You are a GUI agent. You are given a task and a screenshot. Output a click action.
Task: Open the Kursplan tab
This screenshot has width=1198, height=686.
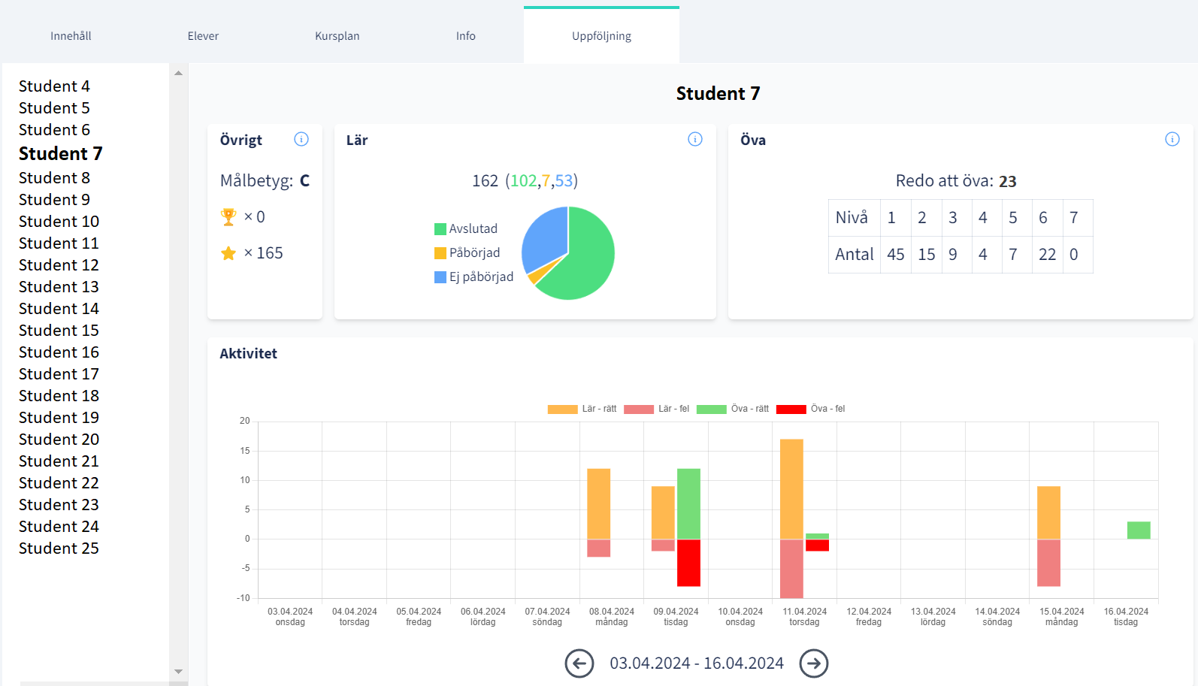click(x=337, y=36)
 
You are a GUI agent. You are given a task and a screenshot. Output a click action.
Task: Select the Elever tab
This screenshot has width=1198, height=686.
click(x=203, y=36)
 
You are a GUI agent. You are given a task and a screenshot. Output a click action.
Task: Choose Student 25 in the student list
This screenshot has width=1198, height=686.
click(x=59, y=548)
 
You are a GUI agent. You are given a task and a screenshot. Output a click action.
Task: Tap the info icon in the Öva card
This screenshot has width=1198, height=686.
click(x=1172, y=139)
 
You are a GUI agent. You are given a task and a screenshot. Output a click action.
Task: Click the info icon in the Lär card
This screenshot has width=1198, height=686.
click(x=695, y=139)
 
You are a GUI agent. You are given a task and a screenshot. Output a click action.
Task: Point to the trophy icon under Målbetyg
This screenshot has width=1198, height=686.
click(x=228, y=217)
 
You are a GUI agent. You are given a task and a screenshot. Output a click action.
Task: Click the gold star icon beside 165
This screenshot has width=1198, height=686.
click(x=228, y=253)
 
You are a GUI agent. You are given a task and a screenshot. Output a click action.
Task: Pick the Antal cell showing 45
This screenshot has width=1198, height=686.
click(x=895, y=255)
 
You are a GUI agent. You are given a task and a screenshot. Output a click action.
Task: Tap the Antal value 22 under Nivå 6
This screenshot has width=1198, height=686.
click(x=1047, y=255)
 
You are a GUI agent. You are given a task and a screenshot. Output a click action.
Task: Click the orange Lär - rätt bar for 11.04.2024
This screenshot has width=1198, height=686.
click(x=791, y=488)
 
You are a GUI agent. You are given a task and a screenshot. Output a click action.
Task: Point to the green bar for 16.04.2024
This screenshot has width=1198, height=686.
click(x=1139, y=530)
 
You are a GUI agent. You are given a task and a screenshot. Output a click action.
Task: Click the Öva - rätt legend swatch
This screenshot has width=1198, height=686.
click(x=711, y=409)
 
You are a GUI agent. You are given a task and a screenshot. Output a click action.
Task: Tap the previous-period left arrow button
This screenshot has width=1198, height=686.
click(x=579, y=663)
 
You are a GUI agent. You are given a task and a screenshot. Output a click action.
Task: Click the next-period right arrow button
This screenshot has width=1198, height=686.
click(x=813, y=663)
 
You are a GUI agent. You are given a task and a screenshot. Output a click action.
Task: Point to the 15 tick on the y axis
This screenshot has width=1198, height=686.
click(x=245, y=451)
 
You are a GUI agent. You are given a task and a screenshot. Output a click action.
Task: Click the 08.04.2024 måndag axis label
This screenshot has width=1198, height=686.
click(x=611, y=616)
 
